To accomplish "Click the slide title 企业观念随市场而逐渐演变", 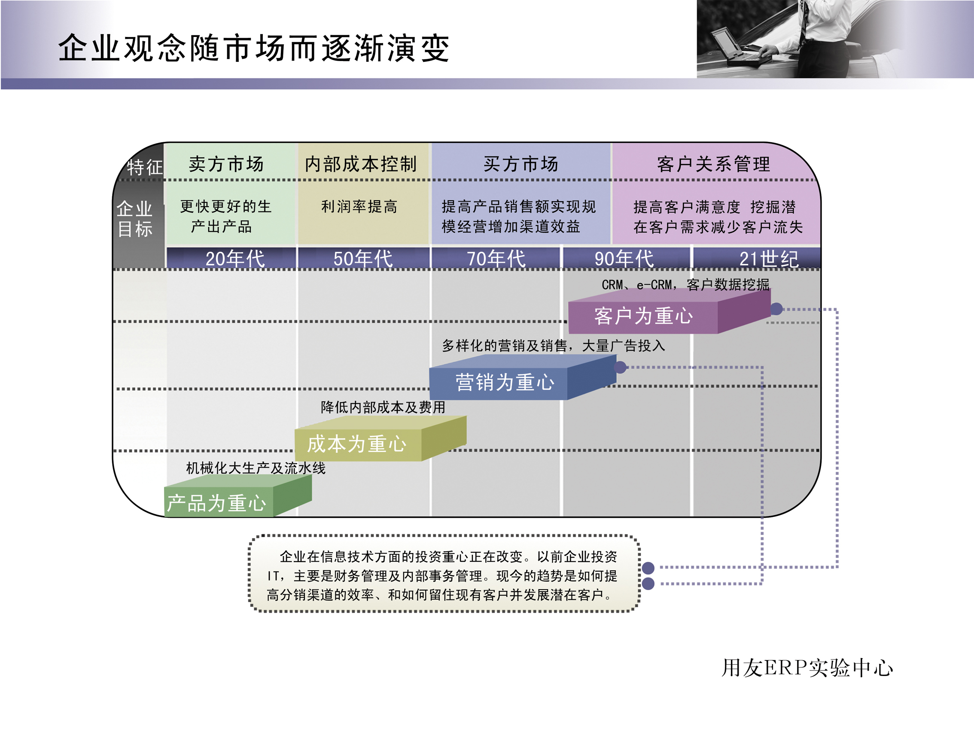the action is pyautogui.click(x=254, y=48).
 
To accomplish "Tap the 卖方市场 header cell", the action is pyautogui.click(x=226, y=164).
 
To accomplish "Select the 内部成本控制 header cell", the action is pyautogui.click(x=361, y=164).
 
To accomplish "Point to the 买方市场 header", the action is pyautogui.click(x=521, y=164).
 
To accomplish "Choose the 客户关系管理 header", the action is pyautogui.click(x=713, y=164).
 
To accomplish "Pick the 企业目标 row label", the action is pyautogui.click(x=135, y=219).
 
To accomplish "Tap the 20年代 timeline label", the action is pyautogui.click(x=235, y=259).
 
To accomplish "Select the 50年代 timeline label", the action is pyautogui.click(x=363, y=259).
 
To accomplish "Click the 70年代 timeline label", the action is pyautogui.click(x=496, y=259).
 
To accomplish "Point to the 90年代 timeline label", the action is pyautogui.click(x=624, y=259).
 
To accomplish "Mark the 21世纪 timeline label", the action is pyautogui.click(x=768, y=259).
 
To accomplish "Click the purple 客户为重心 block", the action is pyautogui.click(x=643, y=316).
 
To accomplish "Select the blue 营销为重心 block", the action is pyautogui.click(x=505, y=382).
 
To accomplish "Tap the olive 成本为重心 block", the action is pyautogui.click(x=356, y=443).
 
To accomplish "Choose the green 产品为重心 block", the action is pyautogui.click(x=216, y=503).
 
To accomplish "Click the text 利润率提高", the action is pyautogui.click(x=359, y=206).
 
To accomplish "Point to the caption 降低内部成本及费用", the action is pyautogui.click(x=383, y=407).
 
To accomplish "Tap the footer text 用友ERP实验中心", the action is pyautogui.click(x=807, y=667).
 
